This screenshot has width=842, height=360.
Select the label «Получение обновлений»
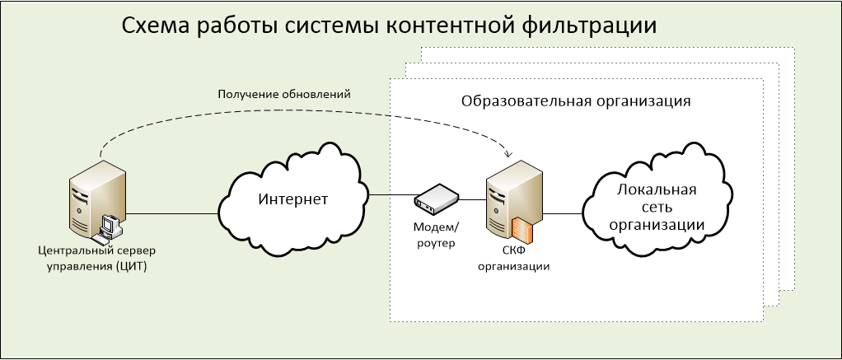(284, 95)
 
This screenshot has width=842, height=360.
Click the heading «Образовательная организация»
(576, 101)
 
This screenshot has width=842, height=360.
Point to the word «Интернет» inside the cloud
(292, 200)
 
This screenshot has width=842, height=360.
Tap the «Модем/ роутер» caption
(437, 235)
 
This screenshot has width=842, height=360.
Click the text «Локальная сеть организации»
(657, 208)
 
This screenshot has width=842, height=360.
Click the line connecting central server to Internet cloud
(172, 213)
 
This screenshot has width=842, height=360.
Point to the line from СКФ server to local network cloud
(563, 213)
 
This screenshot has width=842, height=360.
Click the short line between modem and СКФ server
(473, 200)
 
